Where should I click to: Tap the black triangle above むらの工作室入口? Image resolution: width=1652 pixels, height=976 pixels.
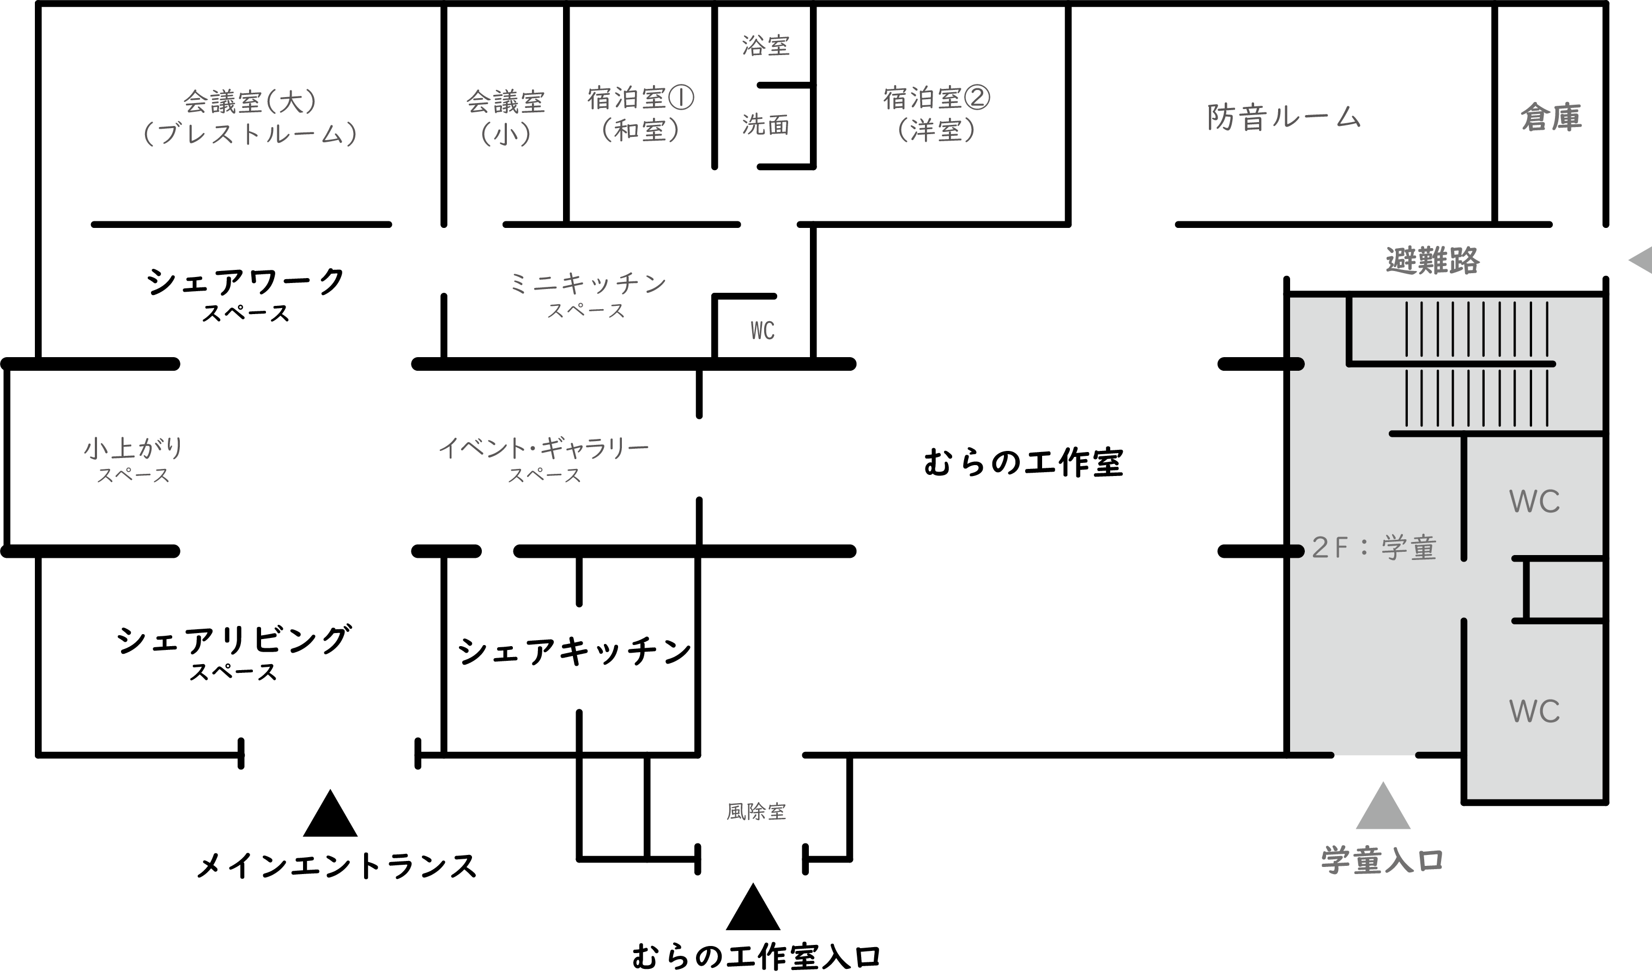(x=753, y=910)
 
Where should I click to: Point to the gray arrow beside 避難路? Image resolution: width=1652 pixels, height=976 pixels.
(x=1642, y=260)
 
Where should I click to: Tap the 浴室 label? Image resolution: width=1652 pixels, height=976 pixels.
(x=766, y=45)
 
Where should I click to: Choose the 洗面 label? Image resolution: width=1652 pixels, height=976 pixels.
(x=766, y=124)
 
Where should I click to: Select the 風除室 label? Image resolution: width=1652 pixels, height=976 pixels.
(x=756, y=811)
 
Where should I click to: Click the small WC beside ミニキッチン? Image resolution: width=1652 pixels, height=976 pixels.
(x=763, y=331)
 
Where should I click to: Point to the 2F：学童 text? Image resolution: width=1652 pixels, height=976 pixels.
(x=1374, y=548)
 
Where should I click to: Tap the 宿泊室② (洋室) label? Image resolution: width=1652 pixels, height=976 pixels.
(x=936, y=114)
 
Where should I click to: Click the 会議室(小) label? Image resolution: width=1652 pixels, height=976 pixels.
(x=506, y=117)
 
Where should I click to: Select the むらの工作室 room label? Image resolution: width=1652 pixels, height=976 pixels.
(x=1024, y=462)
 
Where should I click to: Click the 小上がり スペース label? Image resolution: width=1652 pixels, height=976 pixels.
(x=134, y=460)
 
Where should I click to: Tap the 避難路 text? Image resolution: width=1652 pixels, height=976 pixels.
(x=1432, y=261)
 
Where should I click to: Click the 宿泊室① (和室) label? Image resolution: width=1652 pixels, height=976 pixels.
(x=640, y=114)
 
